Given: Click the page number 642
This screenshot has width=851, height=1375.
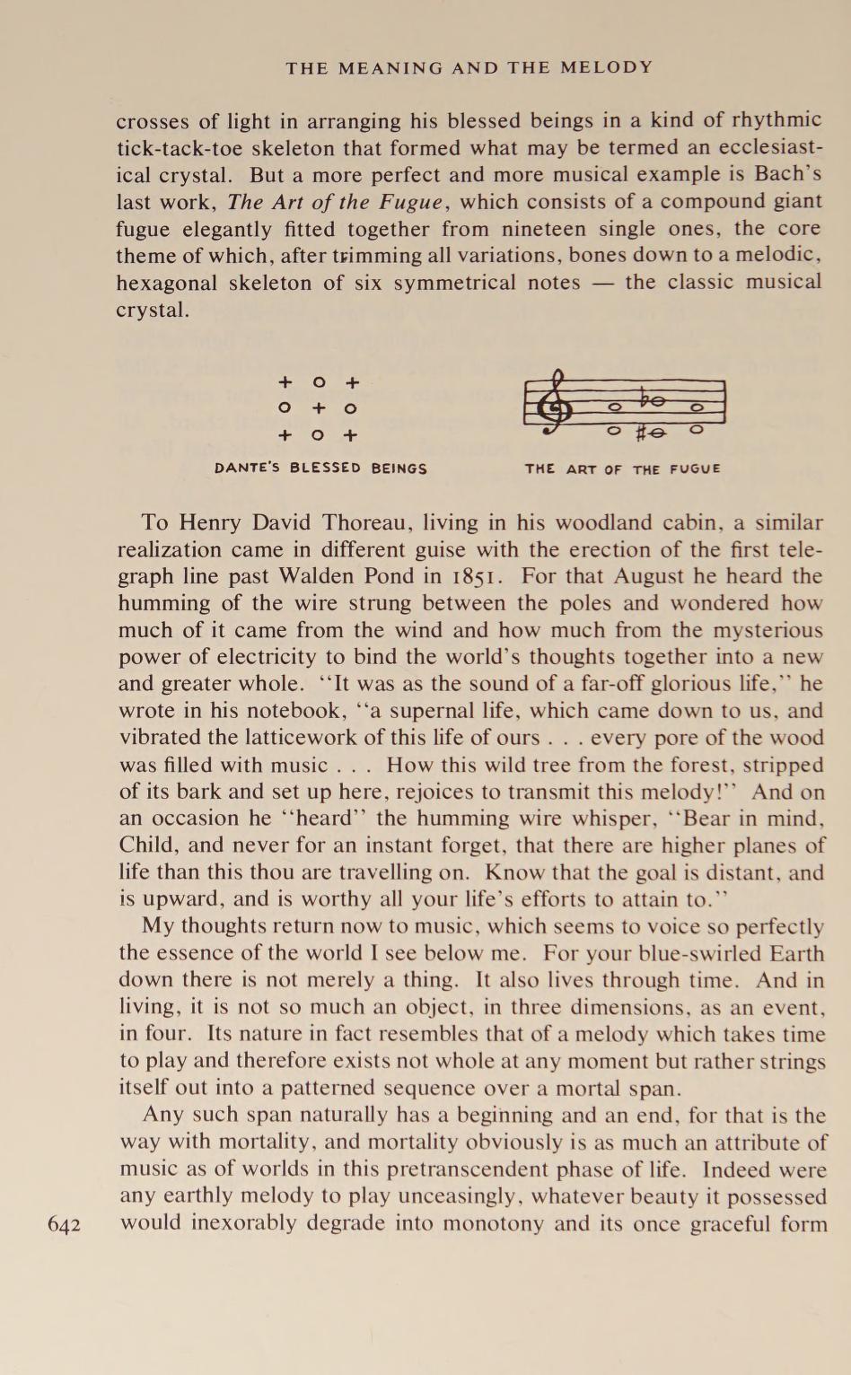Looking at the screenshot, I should coord(64,1225).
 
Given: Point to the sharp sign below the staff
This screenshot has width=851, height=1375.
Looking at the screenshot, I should coord(641,434).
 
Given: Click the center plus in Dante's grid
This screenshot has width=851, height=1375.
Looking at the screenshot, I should coord(318,408).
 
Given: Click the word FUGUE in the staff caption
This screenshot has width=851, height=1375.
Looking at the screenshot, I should coord(695,469).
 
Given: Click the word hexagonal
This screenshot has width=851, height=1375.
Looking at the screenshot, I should coord(166,283).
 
